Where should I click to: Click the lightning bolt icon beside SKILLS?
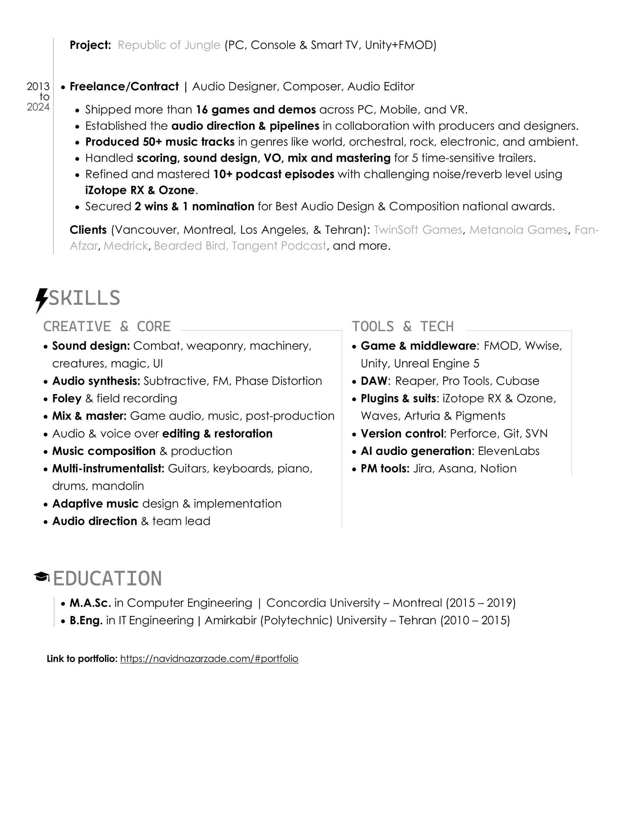coord(41,300)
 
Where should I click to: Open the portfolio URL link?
coord(209,659)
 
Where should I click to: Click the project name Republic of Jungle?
coord(168,45)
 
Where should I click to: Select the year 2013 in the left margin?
coord(38,87)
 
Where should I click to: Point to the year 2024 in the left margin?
coord(38,107)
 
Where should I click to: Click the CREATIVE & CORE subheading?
coord(107,326)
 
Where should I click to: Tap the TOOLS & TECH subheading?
coord(403,326)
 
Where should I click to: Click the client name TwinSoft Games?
coord(418,230)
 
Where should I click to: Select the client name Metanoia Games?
coord(518,230)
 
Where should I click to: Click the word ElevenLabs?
coord(509,451)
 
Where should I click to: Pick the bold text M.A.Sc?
coord(90,603)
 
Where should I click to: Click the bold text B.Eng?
coord(86,620)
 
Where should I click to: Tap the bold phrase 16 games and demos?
coord(256,110)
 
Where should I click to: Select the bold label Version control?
coord(402,434)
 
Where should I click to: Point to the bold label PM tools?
coord(385,469)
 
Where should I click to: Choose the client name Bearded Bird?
coord(189,246)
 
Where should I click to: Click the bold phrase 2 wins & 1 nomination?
coord(194,206)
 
